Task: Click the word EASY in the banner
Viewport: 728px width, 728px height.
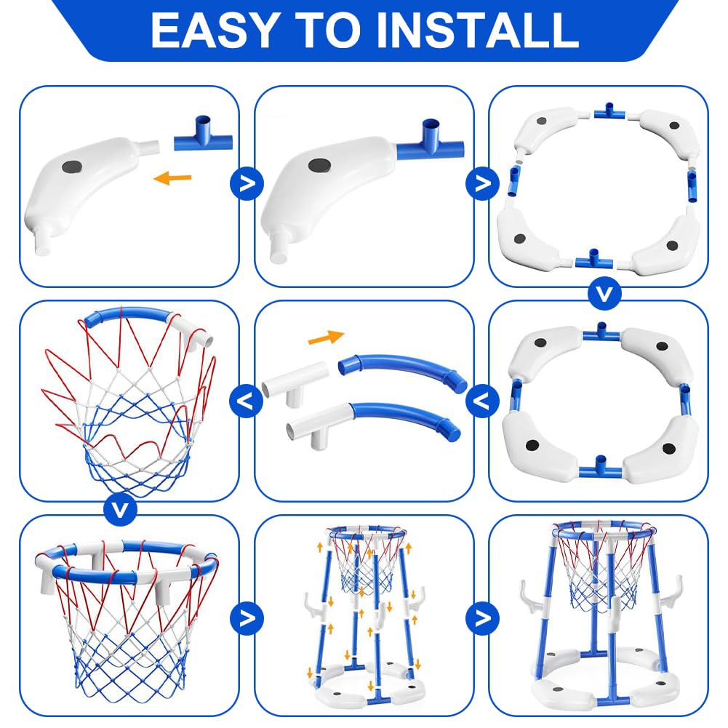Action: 215,30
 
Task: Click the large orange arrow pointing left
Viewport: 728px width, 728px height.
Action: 172,177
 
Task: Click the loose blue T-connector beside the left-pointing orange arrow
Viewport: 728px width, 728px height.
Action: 203,135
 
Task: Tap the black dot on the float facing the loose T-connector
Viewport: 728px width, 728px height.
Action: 71,167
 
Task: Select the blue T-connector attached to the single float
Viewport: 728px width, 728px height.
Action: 430,142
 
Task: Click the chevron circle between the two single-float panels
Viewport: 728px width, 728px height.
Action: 247,183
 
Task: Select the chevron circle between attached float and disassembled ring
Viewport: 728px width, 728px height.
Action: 482,183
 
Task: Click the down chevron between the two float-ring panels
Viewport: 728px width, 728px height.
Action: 604,293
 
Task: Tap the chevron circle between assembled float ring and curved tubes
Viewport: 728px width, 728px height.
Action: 482,401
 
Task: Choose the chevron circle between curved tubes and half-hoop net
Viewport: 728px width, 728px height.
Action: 247,401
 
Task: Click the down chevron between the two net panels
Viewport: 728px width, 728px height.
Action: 120,510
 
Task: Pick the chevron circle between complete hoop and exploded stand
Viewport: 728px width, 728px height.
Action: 247,618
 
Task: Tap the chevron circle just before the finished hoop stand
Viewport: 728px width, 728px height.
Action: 482,618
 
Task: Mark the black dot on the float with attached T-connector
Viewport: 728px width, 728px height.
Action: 319,164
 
